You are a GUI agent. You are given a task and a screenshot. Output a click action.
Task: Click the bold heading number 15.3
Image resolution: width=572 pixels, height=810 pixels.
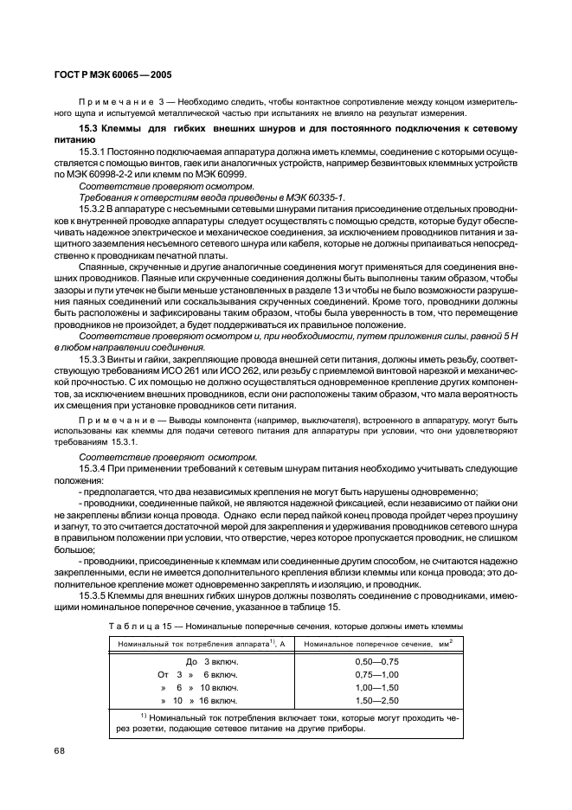[88, 129]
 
